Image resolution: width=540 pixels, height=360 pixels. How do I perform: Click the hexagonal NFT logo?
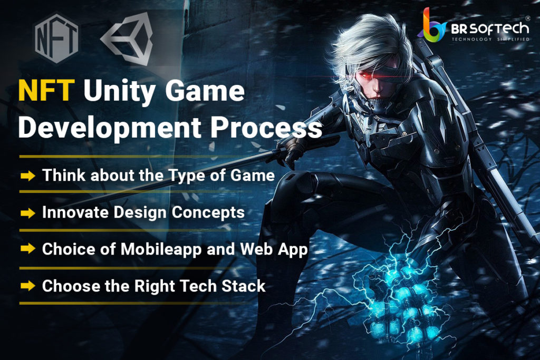pos(56,38)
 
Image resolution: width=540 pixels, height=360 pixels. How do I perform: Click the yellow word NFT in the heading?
pos(46,91)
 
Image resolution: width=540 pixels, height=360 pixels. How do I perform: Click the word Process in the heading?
pos(266,128)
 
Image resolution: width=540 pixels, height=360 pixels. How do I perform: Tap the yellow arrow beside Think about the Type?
pos(28,176)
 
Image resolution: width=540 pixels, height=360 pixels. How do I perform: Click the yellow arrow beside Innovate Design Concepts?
pos(28,213)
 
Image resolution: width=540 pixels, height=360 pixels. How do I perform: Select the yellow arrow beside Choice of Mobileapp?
pos(28,248)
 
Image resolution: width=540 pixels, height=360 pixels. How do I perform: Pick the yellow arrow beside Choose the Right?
pos(28,285)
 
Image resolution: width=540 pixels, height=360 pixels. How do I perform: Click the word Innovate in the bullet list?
pos(75,212)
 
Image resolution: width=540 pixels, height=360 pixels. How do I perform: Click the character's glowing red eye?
pos(365,73)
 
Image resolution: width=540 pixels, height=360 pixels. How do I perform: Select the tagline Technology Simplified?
pos(490,39)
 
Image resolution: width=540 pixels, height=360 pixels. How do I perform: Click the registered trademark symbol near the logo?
pos(527,18)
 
